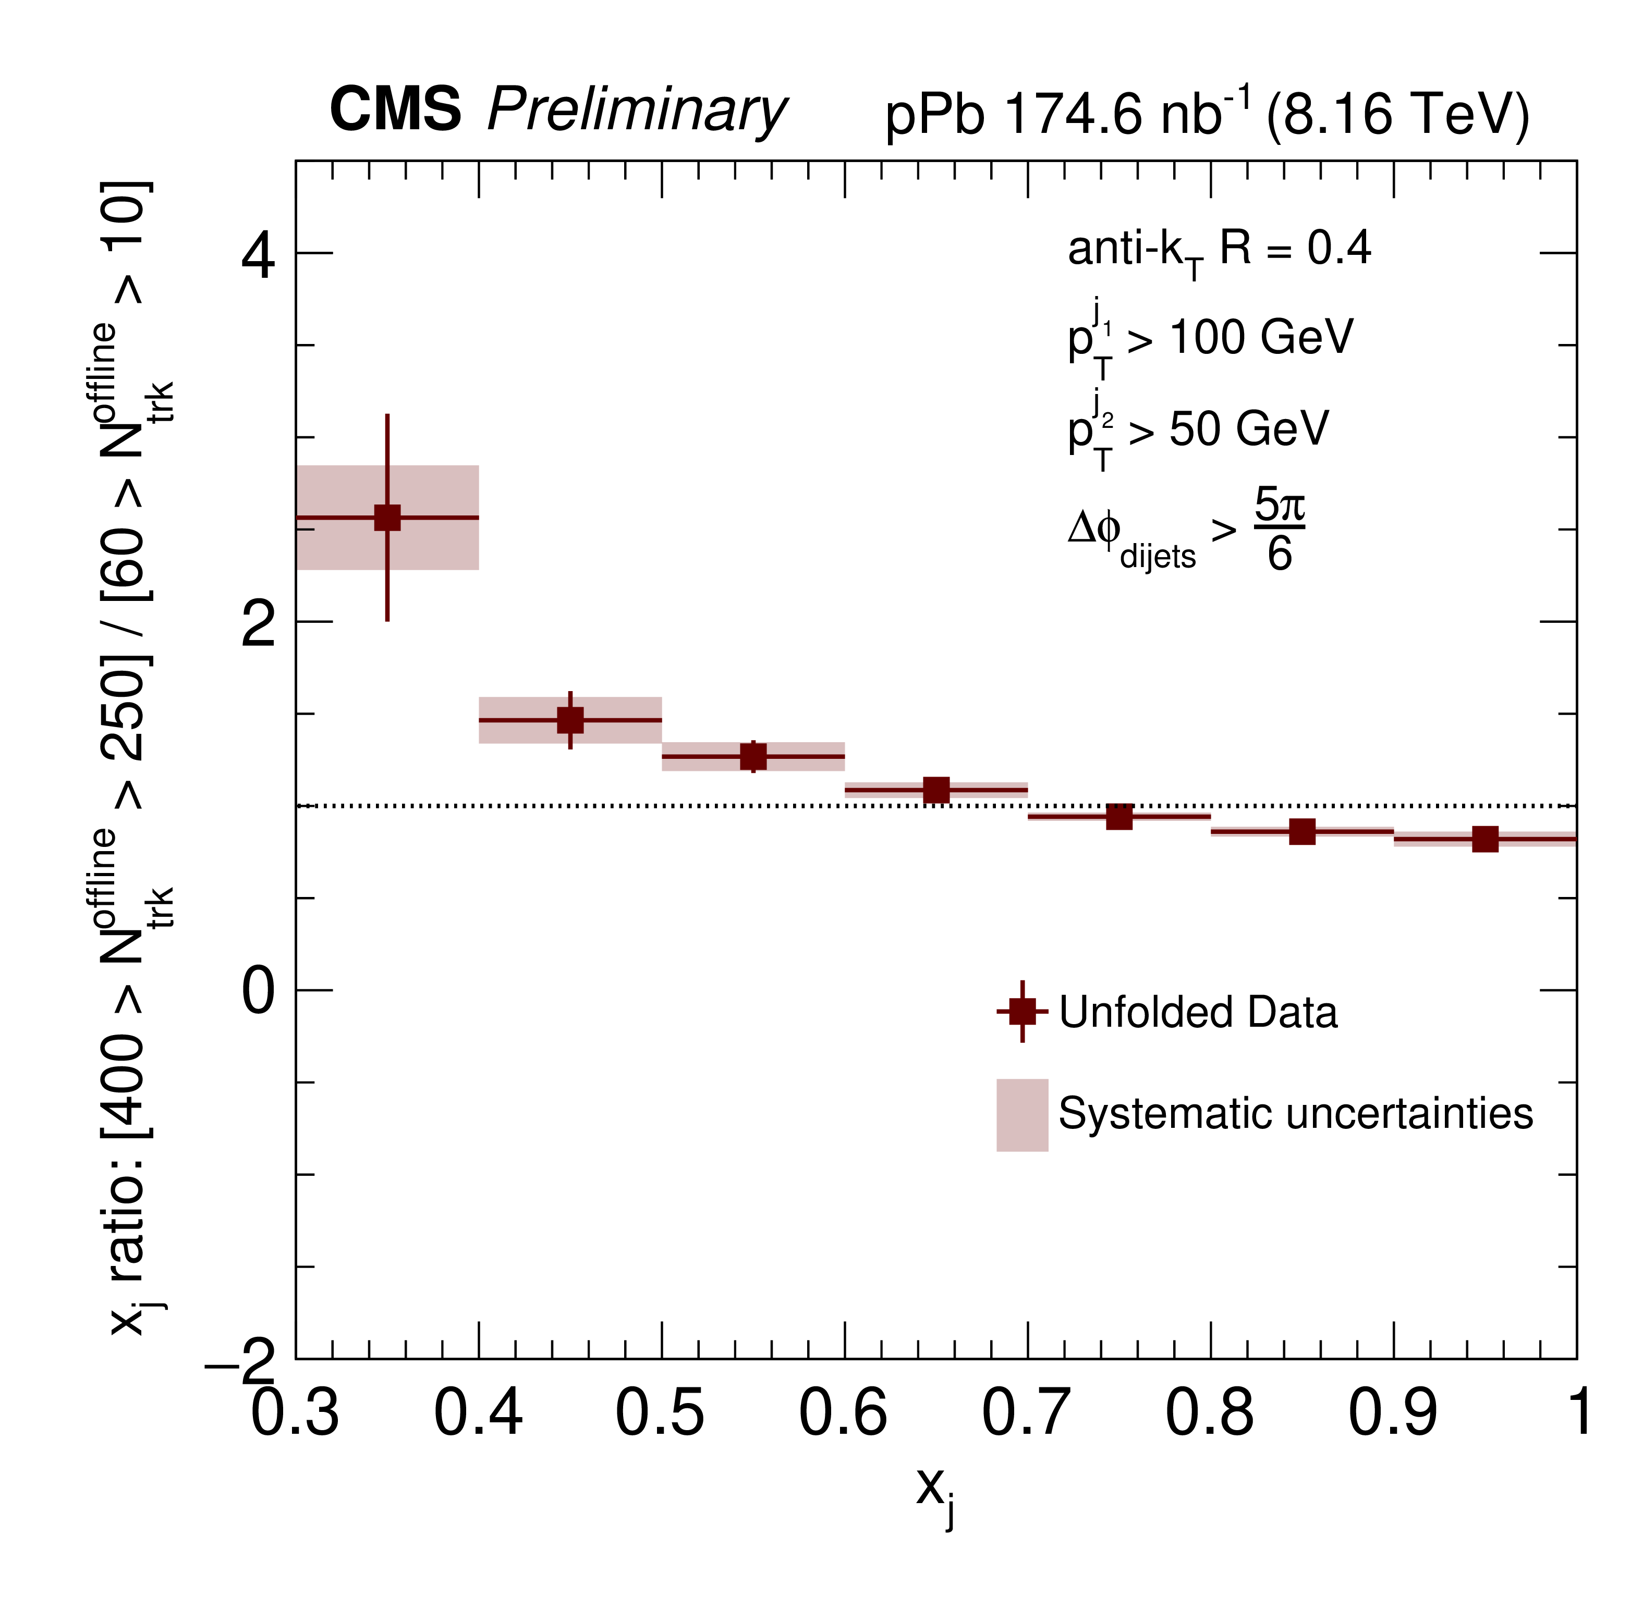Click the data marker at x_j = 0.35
coord(387,518)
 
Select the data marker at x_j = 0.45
coord(570,720)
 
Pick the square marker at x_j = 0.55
coord(753,757)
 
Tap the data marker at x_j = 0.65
coord(936,790)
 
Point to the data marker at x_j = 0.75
coord(1119,816)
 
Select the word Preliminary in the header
coord(637,111)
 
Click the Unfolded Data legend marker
coord(1023,1011)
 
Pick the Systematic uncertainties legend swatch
coord(1023,1114)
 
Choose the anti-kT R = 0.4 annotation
coord(1219,250)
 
